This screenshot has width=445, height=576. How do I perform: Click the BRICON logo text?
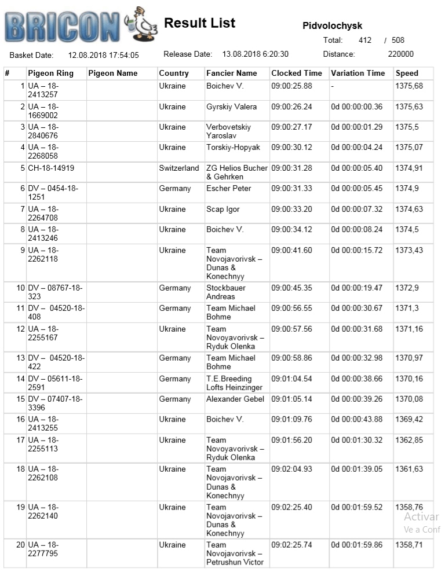(63, 26)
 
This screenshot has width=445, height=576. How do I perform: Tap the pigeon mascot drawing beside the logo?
(143, 24)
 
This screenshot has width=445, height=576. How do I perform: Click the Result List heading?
(199, 23)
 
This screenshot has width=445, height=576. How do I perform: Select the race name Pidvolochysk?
(332, 26)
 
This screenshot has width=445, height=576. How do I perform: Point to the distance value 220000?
(400, 54)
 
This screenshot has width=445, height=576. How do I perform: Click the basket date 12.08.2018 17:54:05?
(103, 55)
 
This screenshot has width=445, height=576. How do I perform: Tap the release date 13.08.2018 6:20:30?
(255, 54)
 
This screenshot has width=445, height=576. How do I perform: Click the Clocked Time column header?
(296, 74)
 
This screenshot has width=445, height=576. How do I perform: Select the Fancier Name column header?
(231, 74)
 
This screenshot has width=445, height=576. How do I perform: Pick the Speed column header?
(407, 74)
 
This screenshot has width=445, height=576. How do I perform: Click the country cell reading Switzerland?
(179, 168)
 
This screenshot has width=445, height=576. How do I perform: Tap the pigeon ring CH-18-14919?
(51, 168)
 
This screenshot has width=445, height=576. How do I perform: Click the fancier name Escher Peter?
(229, 189)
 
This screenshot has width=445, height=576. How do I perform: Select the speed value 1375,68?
(409, 86)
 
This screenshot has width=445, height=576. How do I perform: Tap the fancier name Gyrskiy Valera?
(231, 107)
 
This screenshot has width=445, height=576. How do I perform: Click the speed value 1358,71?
(409, 545)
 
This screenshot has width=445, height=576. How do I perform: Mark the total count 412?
(365, 41)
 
